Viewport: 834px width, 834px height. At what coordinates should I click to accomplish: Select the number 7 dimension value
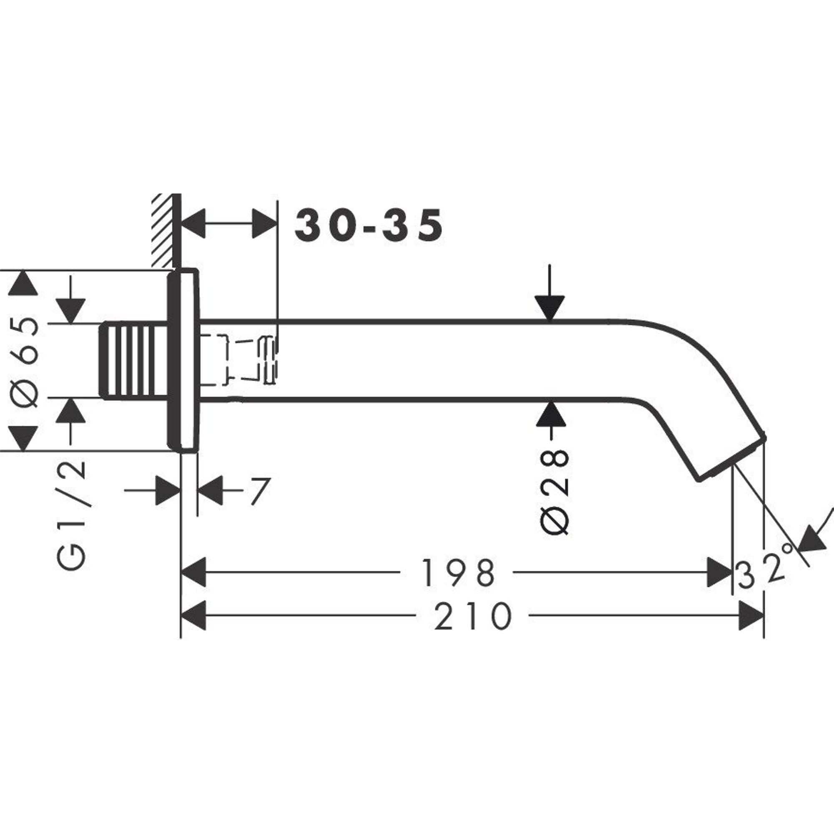click(259, 492)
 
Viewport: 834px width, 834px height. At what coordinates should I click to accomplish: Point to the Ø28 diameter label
click(554, 492)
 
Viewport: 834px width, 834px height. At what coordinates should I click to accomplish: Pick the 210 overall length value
click(473, 617)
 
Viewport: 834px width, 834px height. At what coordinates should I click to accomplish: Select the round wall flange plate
click(183, 360)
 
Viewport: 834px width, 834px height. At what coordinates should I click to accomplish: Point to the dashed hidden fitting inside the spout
click(240, 359)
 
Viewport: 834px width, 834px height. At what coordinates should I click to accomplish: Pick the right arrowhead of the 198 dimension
click(720, 573)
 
